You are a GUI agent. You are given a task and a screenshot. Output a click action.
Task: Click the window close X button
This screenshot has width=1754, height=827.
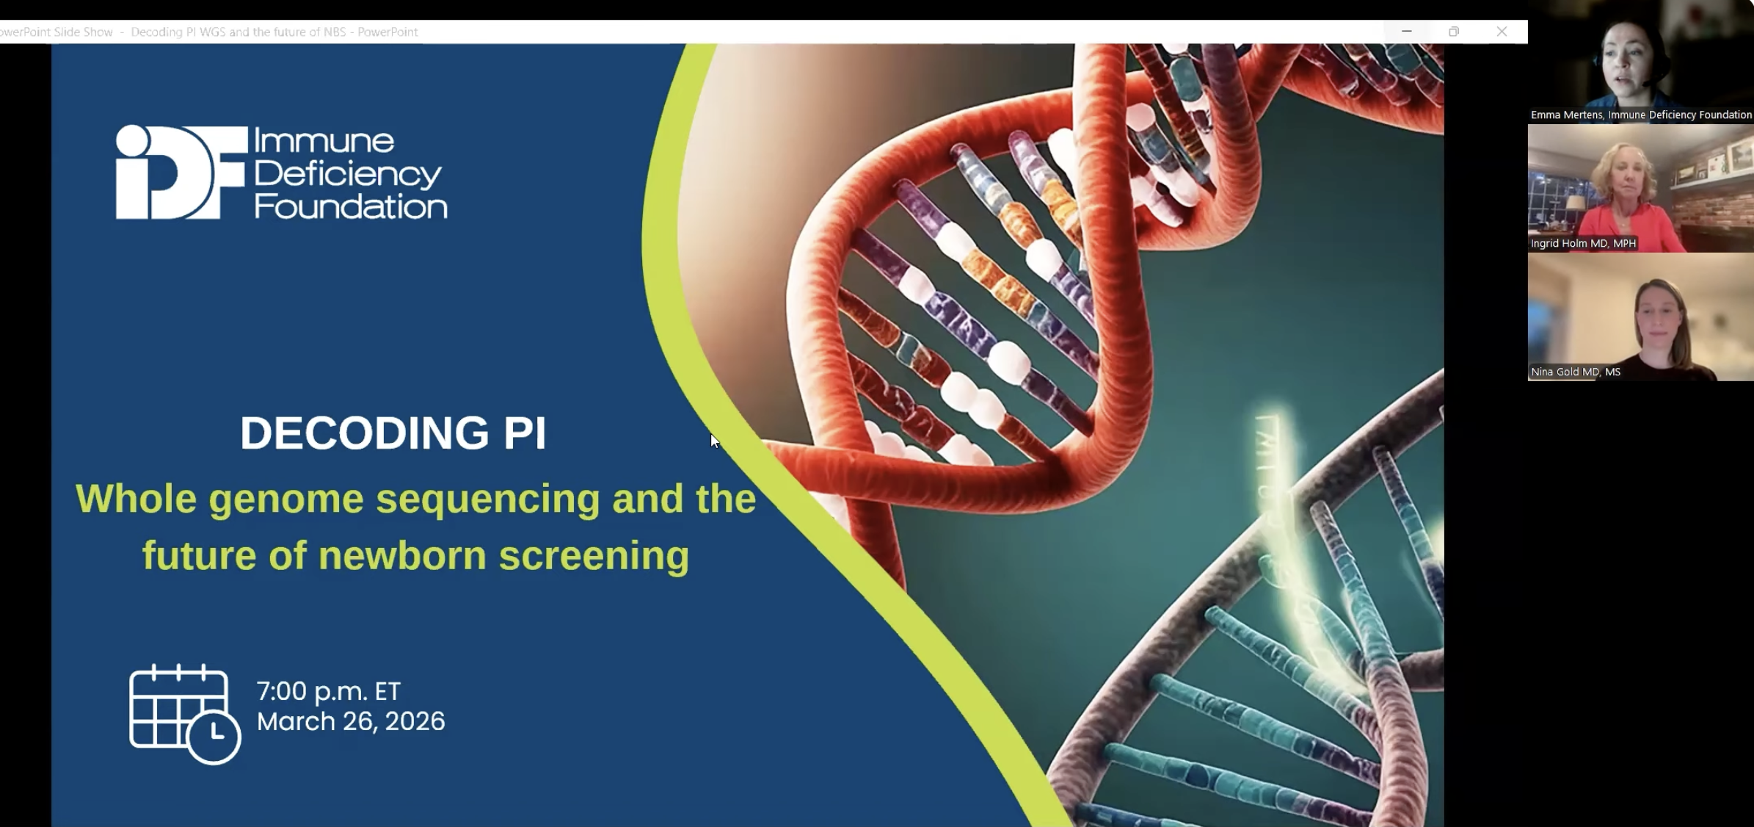[x=1502, y=32]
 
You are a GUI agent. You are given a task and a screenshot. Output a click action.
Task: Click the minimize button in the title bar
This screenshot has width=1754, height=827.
[x=1407, y=32]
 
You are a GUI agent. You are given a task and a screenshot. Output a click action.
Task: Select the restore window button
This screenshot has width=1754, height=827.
[x=1454, y=32]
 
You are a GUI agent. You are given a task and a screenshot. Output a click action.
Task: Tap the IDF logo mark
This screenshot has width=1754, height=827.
[x=181, y=173]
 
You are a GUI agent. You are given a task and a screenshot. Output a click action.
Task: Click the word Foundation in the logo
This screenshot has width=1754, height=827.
[x=351, y=206]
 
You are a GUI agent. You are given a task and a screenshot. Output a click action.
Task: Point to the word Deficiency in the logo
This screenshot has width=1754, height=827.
[x=348, y=174]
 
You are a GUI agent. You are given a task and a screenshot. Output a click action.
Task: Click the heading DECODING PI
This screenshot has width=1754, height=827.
[x=393, y=433]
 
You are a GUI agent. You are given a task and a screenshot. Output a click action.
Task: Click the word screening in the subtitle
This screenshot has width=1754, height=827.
[x=594, y=556]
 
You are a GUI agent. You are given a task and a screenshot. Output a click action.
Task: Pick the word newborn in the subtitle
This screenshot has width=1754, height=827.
[x=402, y=555]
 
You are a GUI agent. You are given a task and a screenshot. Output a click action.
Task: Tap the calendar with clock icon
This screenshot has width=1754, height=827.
[x=185, y=714]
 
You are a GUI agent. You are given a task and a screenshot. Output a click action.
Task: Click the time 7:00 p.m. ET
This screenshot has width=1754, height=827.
[x=329, y=691]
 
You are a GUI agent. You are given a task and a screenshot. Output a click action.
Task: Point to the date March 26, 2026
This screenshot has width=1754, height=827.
[x=351, y=721]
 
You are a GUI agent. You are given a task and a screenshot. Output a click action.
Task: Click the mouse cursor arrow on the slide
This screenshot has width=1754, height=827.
[x=715, y=441]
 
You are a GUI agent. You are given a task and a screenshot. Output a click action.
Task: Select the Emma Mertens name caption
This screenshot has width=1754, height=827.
[x=1641, y=115]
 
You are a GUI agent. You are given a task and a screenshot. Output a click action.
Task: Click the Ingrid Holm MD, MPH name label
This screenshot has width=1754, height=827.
[x=1583, y=243]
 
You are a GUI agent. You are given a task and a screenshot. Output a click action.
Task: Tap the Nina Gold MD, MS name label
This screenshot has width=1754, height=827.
[x=1575, y=372]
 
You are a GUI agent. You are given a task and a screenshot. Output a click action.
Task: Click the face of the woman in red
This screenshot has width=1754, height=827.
[x=1627, y=176]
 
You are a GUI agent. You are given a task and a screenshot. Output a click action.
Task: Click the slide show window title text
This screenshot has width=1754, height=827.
[x=209, y=32]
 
